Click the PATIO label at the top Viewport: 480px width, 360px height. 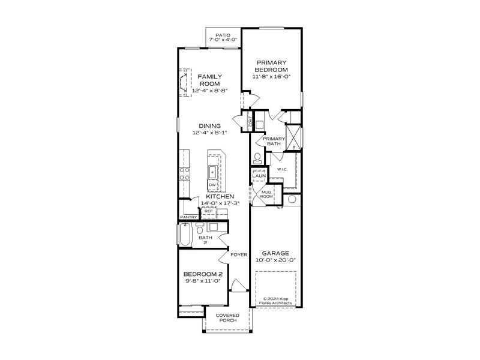[223, 36]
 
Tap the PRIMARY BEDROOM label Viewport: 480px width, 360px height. [273, 65]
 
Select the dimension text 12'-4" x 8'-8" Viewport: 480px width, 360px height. [210, 91]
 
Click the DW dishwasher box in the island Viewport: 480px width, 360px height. [212, 185]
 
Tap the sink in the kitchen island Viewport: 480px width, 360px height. [213, 172]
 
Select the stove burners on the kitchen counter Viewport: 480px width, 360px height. [185, 173]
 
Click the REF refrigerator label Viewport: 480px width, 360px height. [208, 211]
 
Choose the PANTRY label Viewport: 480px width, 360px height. [188, 217]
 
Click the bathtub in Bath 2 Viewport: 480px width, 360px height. [184, 234]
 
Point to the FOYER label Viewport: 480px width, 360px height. [239, 254]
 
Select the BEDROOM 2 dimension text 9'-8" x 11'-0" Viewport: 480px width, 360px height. [203, 280]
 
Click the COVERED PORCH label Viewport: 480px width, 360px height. [227, 318]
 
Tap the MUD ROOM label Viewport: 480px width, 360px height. [266, 194]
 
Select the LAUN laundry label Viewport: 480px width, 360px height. [259, 176]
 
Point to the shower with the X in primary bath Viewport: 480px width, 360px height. [293, 136]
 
